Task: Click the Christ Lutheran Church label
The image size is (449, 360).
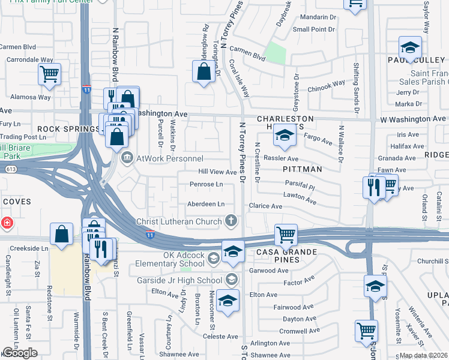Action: click(179, 221)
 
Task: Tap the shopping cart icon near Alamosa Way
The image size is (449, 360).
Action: click(49, 74)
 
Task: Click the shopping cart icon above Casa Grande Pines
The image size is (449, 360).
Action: click(286, 234)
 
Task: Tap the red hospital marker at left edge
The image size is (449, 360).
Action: click(6, 223)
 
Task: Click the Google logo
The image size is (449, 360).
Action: click(20, 353)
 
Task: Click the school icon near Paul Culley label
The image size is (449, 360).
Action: click(410, 47)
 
